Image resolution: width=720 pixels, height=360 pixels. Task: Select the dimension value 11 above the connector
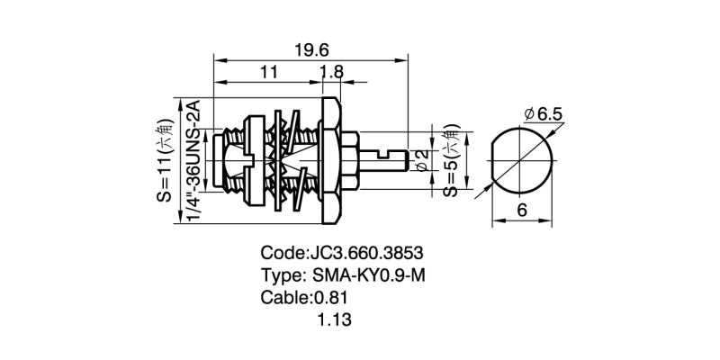click(x=267, y=73)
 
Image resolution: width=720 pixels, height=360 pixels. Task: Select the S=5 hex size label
click(x=451, y=161)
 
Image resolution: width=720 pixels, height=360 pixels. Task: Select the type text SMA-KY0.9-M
click(x=368, y=275)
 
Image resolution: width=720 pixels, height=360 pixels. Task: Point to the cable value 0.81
click(x=330, y=298)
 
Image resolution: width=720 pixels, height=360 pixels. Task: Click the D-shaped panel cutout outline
click(x=522, y=161)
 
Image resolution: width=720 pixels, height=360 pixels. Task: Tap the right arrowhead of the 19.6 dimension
click(x=404, y=61)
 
